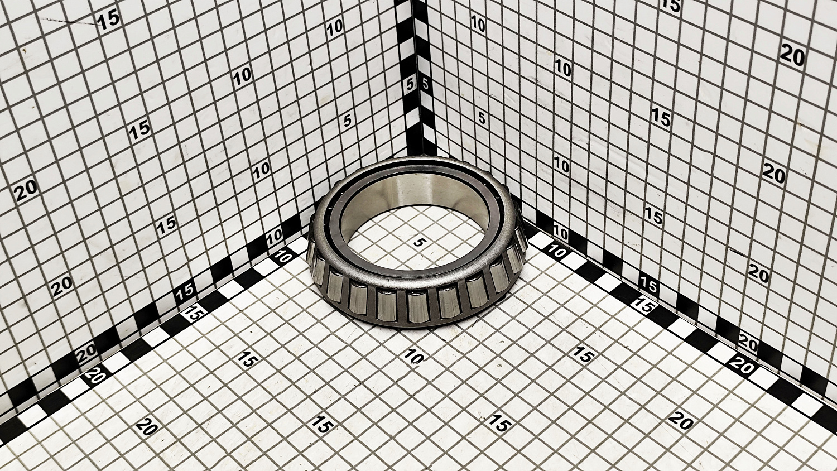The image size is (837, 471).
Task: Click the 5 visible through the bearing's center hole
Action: [x=419, y=243]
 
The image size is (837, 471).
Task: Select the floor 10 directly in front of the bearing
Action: [x=413, y=357]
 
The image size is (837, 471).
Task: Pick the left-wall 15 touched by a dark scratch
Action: [x=108, y=21]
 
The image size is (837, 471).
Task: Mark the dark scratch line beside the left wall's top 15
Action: [x=71, y=22]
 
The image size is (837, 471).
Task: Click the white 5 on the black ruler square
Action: [x=410, y=84]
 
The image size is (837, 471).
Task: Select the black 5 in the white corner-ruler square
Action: [x=425, y=84]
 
